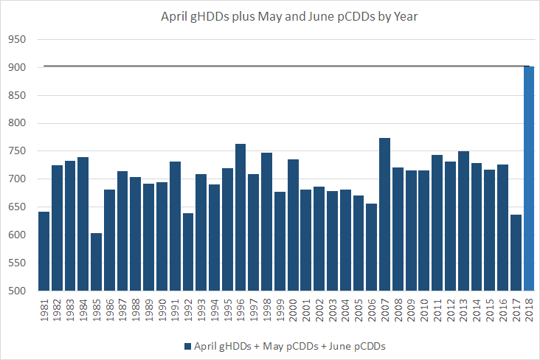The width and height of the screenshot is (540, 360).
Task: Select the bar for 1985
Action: coord(96,262)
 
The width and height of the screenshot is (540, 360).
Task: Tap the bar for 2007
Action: coord(385,214)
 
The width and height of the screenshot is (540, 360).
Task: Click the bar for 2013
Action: coord(463,221)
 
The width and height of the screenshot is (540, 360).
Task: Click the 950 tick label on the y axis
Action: coord(15,40)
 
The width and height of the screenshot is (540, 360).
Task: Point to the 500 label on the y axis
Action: coord(15,291)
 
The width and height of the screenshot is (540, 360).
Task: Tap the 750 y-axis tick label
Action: coord(15,151)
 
